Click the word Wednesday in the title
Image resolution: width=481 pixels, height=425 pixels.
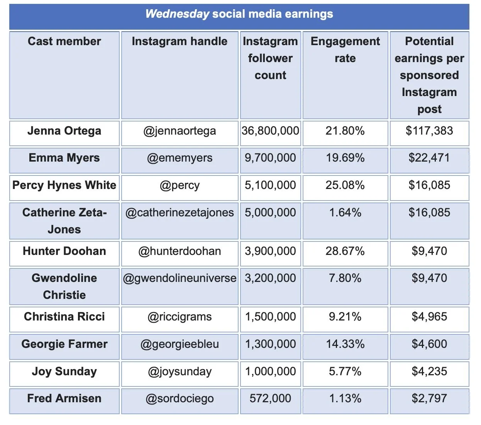tap(177, 14)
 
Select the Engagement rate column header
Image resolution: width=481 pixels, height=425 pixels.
tap(345, 50)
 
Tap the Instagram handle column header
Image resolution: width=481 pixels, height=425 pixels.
tap(180, 41)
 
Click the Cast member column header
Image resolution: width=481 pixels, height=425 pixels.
tap(64, 41)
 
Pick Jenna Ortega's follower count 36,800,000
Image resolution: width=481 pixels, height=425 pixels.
tap(270, 131)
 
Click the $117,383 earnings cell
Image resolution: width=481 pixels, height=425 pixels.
tap(429, 131)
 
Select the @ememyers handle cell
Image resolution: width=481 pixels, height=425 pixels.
tap(180, 158)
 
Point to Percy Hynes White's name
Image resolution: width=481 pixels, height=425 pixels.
tap(64, 185)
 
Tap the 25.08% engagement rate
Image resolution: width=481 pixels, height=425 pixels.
tap(345, 185)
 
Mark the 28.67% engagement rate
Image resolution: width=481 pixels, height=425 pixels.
tap(345, 251)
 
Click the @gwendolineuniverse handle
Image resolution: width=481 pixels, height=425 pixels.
tap(180, 278)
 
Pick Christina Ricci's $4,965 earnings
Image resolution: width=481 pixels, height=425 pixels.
tap(429, 317)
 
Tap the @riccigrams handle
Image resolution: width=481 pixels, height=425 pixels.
tap(180, 317)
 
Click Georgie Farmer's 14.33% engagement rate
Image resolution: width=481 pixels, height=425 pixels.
tap(345, 344)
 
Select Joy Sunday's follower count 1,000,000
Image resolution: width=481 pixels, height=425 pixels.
tap(270, 371)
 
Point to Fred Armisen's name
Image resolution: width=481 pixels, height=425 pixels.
tap(64, 398)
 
